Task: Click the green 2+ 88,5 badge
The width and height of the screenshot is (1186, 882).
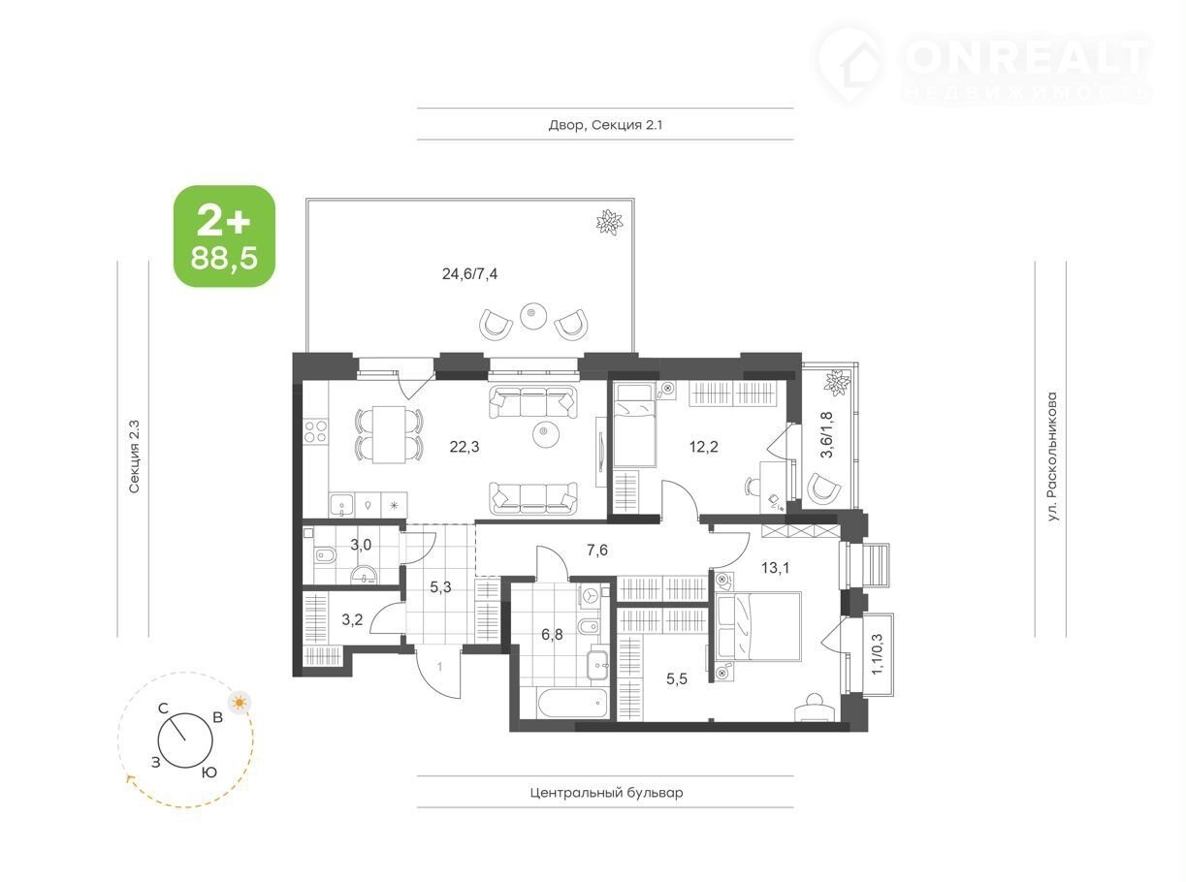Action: coord(224,236)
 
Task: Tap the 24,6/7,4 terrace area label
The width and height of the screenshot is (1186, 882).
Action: coord(469,274)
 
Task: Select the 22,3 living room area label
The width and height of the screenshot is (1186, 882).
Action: coord(465,447)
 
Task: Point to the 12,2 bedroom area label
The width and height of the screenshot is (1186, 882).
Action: coord(704,447)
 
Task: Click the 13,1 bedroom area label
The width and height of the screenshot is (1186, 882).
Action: coord(775,568)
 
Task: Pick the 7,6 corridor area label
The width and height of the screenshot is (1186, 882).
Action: coord(596,550)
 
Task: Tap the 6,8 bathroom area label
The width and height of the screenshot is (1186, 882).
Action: coord(552,635)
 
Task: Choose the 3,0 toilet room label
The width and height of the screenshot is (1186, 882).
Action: coord(361,545)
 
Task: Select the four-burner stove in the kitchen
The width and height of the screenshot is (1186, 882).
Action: coord(315,432)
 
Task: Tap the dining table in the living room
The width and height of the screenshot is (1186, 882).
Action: coord(389,434)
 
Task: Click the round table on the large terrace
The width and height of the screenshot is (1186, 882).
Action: coord(533,316)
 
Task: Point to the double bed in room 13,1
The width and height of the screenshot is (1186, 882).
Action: coord(757,626)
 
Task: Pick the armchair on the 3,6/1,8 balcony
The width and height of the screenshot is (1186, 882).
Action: coord(823,487)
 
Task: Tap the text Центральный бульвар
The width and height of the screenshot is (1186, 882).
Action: coord(606,792)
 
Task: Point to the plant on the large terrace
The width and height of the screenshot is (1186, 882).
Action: coord(610,221)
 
